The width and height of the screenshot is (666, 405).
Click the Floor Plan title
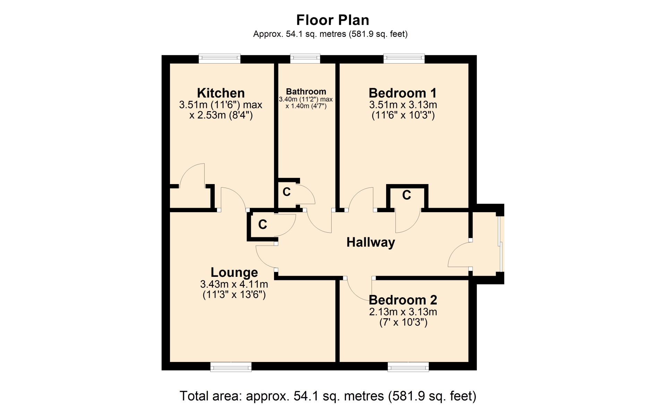point(333,20)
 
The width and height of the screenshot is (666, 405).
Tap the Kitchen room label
point(221,93)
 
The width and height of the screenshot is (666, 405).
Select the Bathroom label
point(306,92)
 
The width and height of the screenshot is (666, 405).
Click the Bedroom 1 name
point(402,93)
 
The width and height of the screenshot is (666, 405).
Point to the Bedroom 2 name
point(403,300)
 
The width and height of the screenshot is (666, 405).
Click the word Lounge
point(234,273)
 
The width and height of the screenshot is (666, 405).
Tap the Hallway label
point(371,242)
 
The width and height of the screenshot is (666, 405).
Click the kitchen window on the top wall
point(219,59)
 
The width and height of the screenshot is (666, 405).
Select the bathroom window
point(305,59)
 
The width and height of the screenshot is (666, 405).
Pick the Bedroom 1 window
point(404,59)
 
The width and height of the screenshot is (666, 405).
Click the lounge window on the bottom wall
point(231,366)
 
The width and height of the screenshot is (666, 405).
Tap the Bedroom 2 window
point(408,366)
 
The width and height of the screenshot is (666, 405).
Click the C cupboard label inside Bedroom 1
point(407,195)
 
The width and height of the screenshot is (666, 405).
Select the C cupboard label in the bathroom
point(287,192)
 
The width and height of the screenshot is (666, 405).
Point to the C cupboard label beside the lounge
point(263,224)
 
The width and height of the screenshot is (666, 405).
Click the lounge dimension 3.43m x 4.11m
point(234,284)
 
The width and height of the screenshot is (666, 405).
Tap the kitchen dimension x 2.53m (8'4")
point(221,115)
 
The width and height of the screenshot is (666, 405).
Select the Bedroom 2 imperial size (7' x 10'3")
point(403,322)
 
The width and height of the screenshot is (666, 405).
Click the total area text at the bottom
point(328,396)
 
